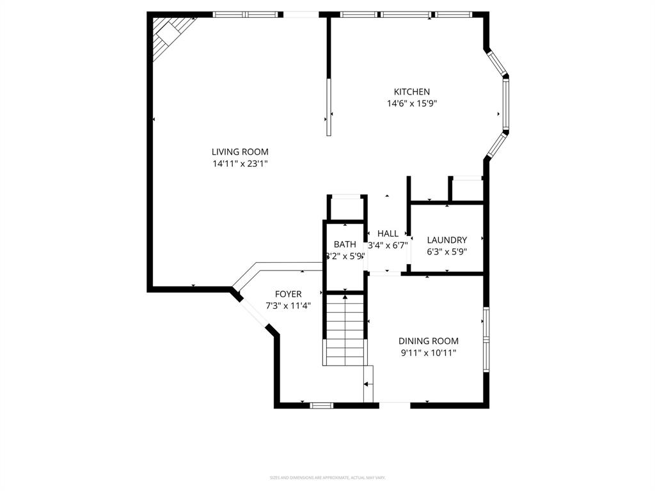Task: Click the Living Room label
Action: click(240, 152)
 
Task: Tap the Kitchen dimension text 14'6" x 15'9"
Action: click(411, 103)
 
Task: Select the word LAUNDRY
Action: click(446, 240)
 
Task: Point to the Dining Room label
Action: click(428, 341)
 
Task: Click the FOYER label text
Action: click(288, 294)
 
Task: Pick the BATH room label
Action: click(345, 244)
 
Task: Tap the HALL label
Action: click(388, 233)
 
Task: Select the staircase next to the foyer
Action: click(345, 329)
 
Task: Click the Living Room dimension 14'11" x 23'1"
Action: click(240, 164)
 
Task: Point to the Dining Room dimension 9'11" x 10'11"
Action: click(428, 352)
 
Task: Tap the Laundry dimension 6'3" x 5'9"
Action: click(446, 251)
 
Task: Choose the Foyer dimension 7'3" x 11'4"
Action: click(288, 306)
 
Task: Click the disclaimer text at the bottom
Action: click(327, 478)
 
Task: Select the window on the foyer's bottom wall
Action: click(321, 405)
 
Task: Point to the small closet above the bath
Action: click(346, 208)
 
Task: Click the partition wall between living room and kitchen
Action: click(329, 77)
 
